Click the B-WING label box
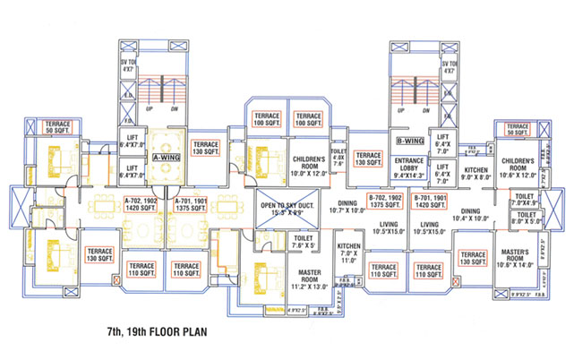[409, 141]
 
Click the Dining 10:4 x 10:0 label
[471, 216]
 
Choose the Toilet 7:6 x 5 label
[302, 242]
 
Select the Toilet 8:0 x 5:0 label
[525, 219]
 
